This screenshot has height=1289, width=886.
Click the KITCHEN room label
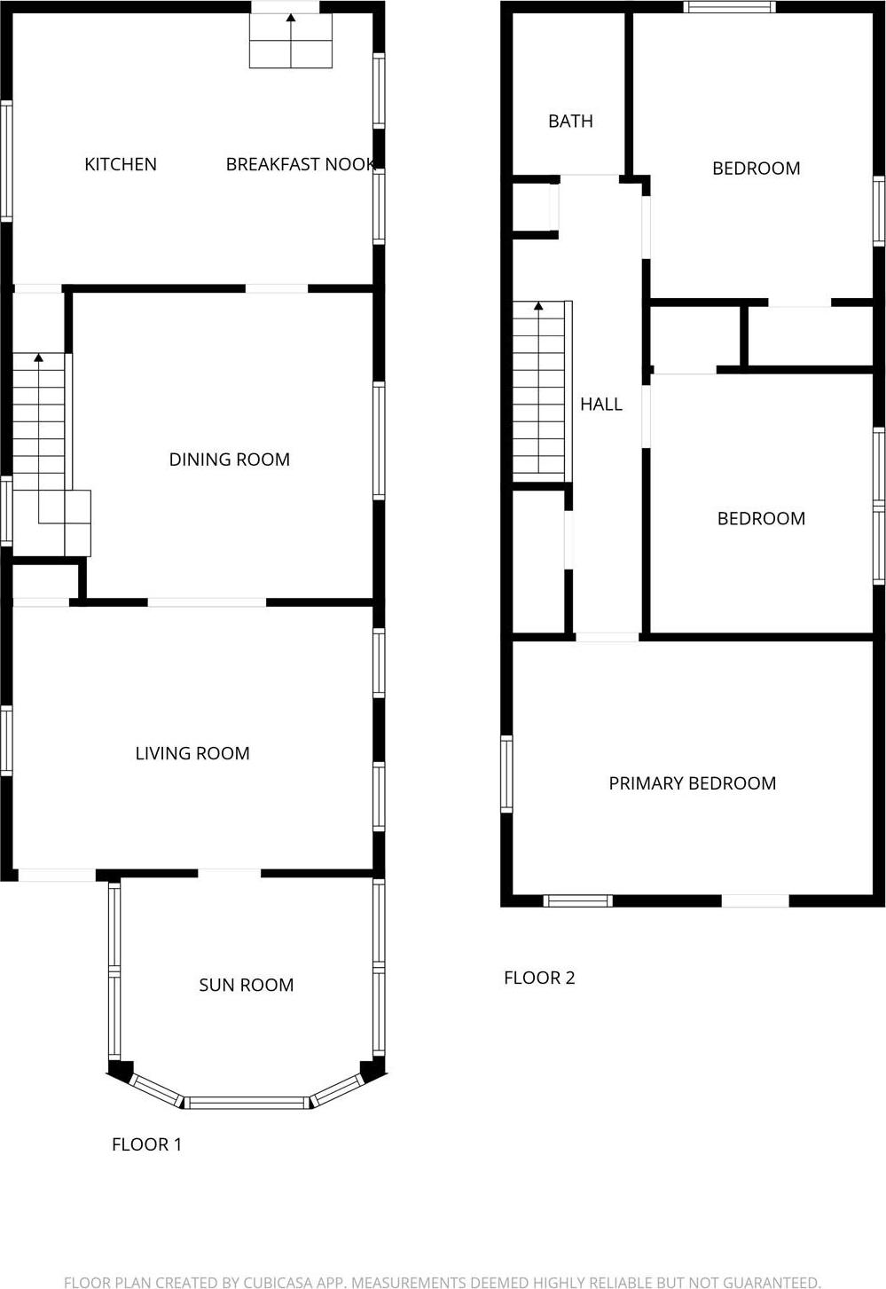pyautogui.click(x=121, y=164)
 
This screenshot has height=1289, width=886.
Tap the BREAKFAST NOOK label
pyautogui.click(x=301, y=164)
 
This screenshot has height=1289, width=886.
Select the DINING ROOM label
pyautogui.click(x=230, y=460)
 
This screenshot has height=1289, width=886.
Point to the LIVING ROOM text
pyautogui.click(x=192, y=753)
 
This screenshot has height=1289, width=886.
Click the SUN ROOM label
pyautogui.click(x=247, y=985)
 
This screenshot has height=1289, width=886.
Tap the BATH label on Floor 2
pyautogui.click(x=570, y=122)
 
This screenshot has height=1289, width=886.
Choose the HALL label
pyautogui.click(x=601, y=405)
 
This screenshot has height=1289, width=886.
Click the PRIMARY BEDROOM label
pyautogui.click(x=693, y=783)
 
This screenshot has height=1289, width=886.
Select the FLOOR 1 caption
pyautogui.click(x=147, y=1144)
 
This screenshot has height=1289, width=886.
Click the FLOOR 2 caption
pyautogui.click(x=540, y=978)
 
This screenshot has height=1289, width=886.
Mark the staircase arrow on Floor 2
pyautogui.click(x=538, y=308)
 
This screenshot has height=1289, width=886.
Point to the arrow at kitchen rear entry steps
pyautogui.click(x=291, y=19)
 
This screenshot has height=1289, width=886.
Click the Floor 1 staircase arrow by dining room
pyautogui.click(x=38, y=359)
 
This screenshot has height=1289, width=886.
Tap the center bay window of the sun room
pyautogui.click(x=247, y=1103)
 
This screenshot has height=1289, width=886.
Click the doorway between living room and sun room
pyautogui.click(x=230, y=874)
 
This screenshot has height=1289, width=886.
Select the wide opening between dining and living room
pyautogui.click(x=207, y=602)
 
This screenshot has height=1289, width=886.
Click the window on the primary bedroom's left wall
pyautogui.click(x=506, y=774)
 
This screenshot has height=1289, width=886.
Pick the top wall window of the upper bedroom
pyautogui.click(x=730, y=7)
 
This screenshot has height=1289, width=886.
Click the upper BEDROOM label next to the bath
pyautogui.click(x=757, y=169)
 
